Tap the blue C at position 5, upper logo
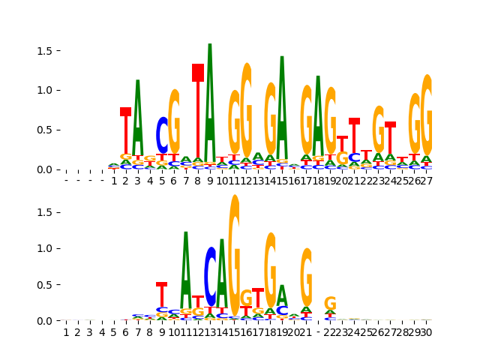162,135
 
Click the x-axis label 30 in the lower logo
426,332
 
